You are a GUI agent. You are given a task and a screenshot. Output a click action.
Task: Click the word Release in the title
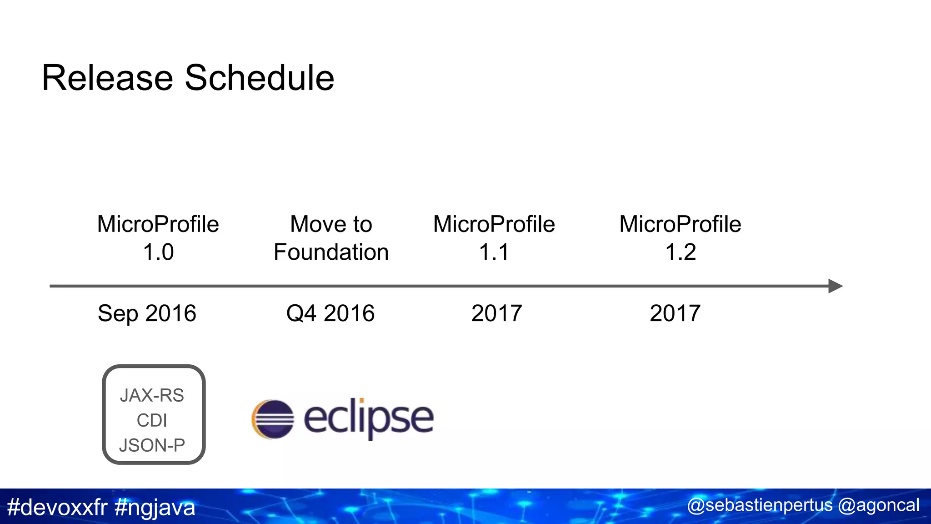coord(107,78)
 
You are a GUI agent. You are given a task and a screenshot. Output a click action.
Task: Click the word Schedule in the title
coord(259,78)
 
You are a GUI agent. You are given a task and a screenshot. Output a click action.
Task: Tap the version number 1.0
coord(158,252)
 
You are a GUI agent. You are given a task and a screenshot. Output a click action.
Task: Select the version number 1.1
coord(494,252)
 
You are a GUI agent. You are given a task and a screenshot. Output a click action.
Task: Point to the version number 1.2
coord(681,252)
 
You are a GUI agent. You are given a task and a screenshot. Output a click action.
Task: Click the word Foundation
coord(331,252)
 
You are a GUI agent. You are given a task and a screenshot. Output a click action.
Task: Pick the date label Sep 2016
coord(147,313)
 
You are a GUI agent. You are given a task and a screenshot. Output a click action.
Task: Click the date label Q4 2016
coord(330,313)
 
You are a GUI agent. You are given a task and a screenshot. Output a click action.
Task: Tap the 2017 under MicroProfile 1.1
coord(496,313)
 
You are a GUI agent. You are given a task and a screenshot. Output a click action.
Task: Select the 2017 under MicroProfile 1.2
coord(675,313)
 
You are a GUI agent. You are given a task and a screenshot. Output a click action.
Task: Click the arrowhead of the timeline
coord(835,286)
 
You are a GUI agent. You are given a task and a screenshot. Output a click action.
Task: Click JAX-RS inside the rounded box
coord(152,395)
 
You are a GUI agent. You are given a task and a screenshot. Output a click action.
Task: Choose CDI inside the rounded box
coord(152,420)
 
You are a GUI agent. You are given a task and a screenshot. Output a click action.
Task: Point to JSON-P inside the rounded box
coord(152,445)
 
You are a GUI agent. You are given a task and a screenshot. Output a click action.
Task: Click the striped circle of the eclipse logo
coord(273,419)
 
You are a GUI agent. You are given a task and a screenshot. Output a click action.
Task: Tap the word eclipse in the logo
coord(368,418)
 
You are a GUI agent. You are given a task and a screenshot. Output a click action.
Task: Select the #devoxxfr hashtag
coord(57,507)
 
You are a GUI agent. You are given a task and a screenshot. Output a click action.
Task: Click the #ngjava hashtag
coord(155,507)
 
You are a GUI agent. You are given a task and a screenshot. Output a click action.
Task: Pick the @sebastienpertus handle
coord(760,505)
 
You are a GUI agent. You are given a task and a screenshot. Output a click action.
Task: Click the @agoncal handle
coord(878,505)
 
